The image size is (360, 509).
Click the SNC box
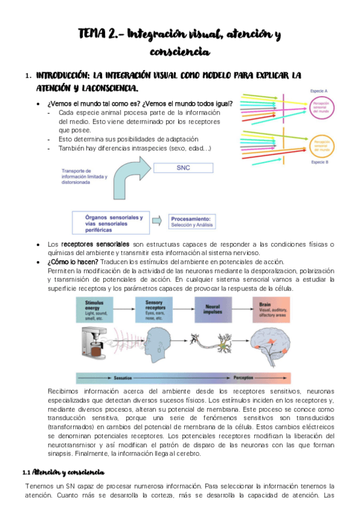coord(183,168)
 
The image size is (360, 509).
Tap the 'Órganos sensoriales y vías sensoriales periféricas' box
coord(109,221)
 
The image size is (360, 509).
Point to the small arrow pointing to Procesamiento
coord(157,221)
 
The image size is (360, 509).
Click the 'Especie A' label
coord(318,90)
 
